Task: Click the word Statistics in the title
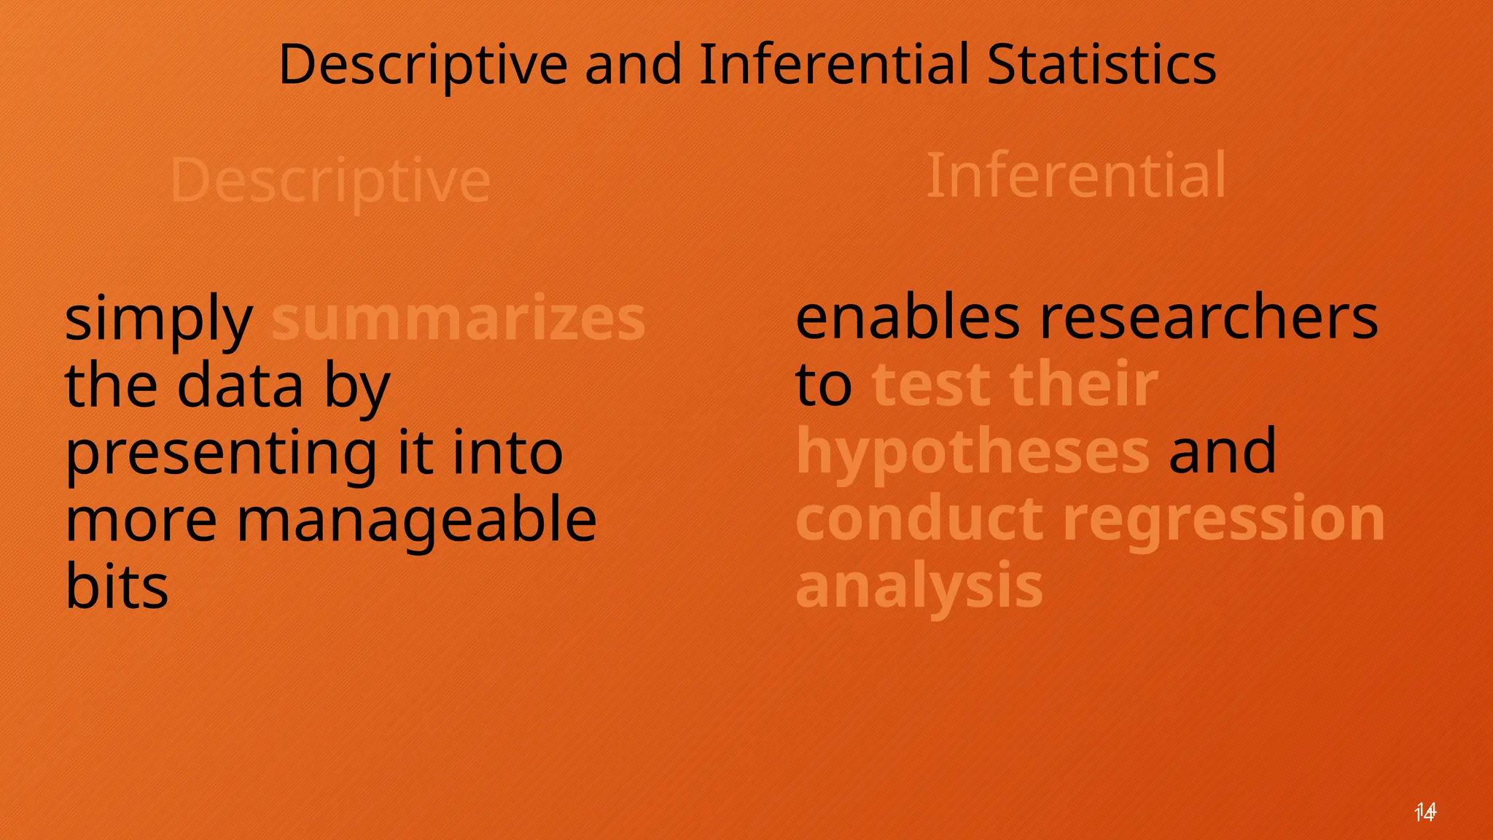pos(1101,64)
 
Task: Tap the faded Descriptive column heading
pos(330,180)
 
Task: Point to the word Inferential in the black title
pos(834,64)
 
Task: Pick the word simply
pos(159,319)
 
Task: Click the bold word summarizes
pos(459,319)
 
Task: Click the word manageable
pos(416,521)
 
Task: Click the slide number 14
pos(1424,812)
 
